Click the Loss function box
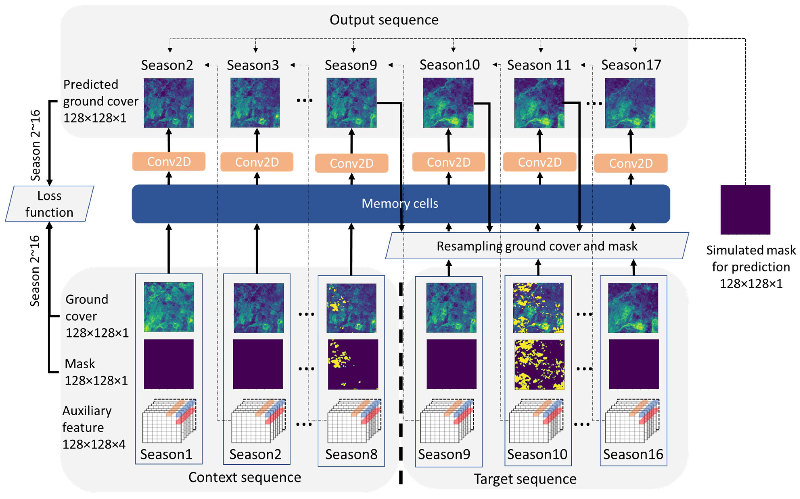click(x=50, y=204)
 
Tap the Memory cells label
click(x=400, y=203)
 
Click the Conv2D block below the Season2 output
click(x=169, y=161)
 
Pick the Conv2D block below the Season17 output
click(x=631, y=163)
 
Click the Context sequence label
click(x=244, y=477)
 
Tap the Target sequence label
click(x=525, y=479)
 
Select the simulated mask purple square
click(x=745, y=210)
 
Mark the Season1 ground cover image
click(x=169, y=307)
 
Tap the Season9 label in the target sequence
click(x=444, y=454)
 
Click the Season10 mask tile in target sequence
click(x=539, y=364)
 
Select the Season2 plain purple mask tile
click(x=258, y=364)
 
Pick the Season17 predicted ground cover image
click(x=630, y=103)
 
